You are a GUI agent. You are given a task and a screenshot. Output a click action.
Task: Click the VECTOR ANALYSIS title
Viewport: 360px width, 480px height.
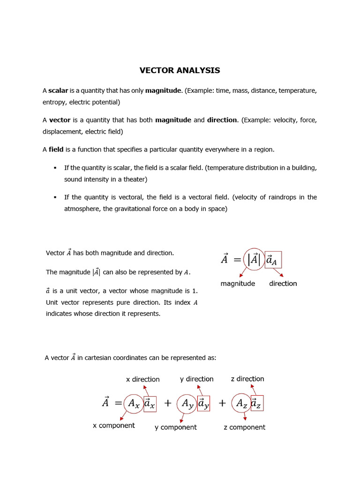180,71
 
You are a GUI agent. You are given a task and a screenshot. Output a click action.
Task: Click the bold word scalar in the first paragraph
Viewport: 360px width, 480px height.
58,90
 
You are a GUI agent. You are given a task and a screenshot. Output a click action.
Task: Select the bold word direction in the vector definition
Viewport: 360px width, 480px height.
222,120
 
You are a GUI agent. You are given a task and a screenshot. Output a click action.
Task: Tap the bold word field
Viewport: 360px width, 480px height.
56,150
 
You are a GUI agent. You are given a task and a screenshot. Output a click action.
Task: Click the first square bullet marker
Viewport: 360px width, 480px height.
55,168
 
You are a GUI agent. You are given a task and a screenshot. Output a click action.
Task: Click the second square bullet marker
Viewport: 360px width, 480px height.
55,197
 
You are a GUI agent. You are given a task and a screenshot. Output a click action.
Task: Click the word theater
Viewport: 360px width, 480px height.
135,180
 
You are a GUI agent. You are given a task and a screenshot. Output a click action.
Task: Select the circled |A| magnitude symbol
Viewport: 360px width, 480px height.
254,260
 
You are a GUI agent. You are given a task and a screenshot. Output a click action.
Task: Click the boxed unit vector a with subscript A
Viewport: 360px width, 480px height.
273,260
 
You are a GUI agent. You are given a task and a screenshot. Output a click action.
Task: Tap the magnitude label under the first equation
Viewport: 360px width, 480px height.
238,284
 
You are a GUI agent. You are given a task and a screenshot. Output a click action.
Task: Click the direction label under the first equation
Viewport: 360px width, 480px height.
283,284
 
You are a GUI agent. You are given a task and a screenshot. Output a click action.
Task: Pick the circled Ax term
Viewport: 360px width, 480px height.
133,403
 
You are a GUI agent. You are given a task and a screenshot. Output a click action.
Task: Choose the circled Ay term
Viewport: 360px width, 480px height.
187,403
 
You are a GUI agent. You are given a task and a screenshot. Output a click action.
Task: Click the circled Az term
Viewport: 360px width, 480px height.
241,403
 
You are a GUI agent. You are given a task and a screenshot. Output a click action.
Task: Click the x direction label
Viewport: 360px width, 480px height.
143,379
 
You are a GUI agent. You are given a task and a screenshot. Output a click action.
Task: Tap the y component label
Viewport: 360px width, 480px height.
176,427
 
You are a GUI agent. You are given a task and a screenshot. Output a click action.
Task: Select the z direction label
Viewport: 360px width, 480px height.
247,379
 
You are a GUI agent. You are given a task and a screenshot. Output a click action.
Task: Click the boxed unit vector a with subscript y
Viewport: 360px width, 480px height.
203,403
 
